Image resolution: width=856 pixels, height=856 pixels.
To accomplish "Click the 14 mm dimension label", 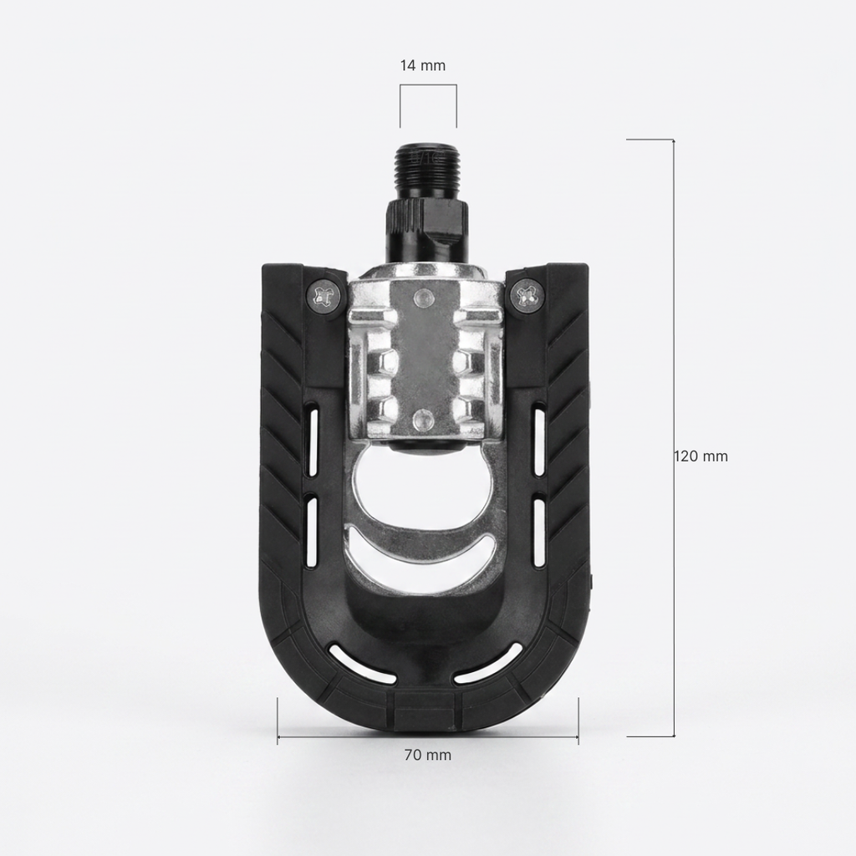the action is [x=422, y=65].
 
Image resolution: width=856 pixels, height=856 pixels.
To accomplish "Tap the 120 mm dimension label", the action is [x=701, y=456].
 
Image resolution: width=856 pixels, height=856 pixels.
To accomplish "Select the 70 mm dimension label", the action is [x=427, y=755].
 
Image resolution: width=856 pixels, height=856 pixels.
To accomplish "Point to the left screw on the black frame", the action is [x=327, y=296].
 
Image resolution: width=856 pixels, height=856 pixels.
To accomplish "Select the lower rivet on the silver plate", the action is [x=421, y=420].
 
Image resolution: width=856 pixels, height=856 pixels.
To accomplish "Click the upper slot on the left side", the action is [x=313, y=438].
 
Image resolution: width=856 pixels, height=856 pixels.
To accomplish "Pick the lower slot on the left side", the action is [x=313, y=531].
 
